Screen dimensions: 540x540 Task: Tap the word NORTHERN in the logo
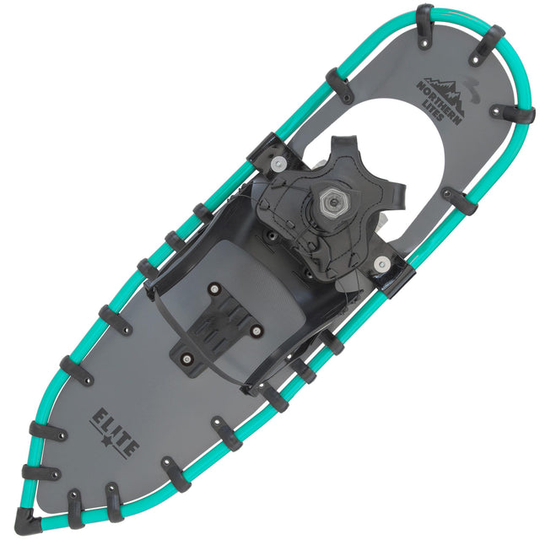click(440, 94)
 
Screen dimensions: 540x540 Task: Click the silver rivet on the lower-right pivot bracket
click(386, 265)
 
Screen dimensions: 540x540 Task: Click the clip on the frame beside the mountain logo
click(513, 113)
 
